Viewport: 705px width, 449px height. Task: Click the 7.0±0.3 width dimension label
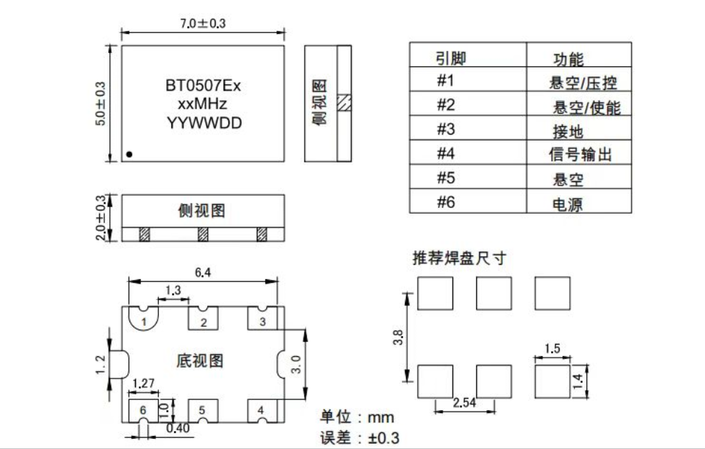tap(203, 24)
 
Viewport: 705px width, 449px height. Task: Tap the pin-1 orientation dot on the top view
tap(129, 154)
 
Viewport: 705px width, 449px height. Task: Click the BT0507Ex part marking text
tap(203, 86)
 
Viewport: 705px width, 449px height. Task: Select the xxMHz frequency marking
tap(203, 104)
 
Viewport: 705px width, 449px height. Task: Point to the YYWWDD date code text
tap(204, 123)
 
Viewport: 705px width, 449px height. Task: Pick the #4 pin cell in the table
tap(447, 153)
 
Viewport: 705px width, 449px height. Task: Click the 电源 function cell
tap(567, 204)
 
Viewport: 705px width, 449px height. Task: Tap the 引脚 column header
tap(451, 58)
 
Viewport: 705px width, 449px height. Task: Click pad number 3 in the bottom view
tap(263, 322)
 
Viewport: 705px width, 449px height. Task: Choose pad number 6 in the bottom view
tap(143, 410)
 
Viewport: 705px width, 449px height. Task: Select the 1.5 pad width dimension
tap(552, 350)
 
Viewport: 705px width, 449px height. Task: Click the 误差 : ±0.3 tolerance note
tap(360, 437)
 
